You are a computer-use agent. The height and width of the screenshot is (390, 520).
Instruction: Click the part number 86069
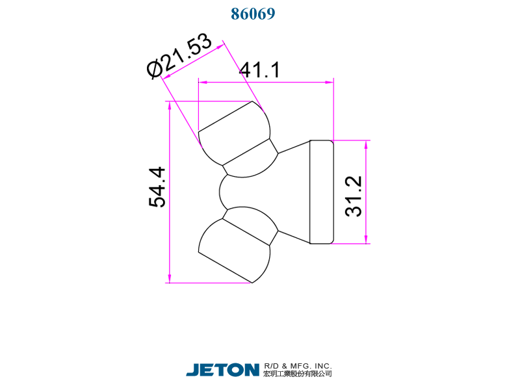[x=253, y=14]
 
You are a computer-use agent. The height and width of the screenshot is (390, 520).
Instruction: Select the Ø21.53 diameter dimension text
[x=180, y=57]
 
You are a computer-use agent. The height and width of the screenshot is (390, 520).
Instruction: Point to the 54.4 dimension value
[x=158, y=188]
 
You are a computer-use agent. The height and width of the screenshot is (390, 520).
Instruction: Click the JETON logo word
[x=222, y=370]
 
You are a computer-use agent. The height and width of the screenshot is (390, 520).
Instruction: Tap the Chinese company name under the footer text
[x=298, y=374]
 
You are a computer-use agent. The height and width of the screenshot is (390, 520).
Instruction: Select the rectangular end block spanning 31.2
[x=321, y=192]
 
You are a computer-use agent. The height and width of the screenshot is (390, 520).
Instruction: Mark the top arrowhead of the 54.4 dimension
[x=169, y=105]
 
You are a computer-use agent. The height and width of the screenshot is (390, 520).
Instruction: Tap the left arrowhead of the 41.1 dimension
[x=202, y=83]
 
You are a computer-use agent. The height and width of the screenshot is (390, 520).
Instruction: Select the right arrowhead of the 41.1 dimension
[x=329, y=83]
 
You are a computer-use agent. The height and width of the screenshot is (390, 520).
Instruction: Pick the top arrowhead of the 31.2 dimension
[x=367, y=144]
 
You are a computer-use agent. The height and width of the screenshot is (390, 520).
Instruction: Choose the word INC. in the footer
[x=320, y=365]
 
